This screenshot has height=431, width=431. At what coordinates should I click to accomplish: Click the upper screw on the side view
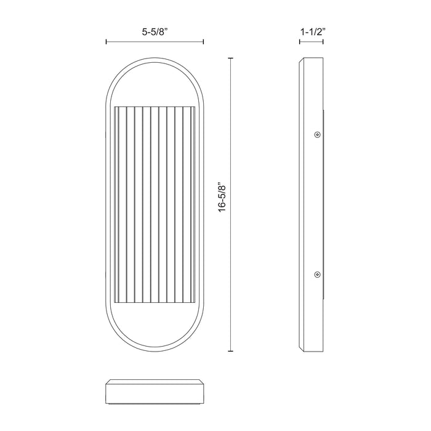(316, 134)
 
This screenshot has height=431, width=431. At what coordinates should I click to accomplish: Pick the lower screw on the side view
(316, 274)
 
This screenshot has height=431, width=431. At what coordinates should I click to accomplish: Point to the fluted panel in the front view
(155, 204)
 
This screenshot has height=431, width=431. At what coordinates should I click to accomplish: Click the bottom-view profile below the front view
(155, 392)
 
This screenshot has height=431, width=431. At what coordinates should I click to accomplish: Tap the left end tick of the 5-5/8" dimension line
(107, 42)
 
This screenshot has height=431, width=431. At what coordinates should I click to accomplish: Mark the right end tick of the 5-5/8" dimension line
(203, 42)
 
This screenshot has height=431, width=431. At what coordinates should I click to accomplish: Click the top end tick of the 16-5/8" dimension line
(231, 58)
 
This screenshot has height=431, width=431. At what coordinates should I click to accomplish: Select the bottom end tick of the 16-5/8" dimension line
(231, 351)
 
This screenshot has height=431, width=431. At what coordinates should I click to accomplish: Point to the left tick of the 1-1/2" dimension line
(300, 42)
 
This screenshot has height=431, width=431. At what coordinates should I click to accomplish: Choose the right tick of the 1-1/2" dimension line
(325, 42)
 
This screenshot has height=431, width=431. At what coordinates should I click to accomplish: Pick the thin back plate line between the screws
(324, 204)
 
